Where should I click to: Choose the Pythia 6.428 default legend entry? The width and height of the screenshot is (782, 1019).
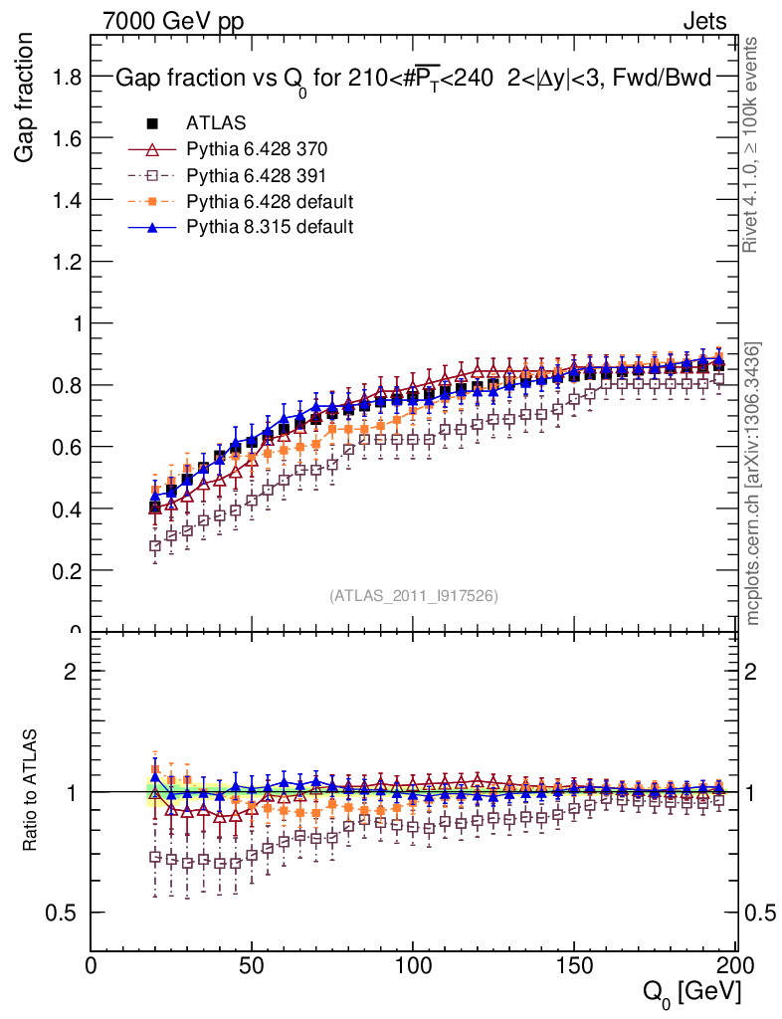[x=270, y=201]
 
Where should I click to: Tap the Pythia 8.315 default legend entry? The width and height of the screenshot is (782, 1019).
[x=270, y=227]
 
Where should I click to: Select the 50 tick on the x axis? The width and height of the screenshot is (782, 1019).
[x=253, y=964]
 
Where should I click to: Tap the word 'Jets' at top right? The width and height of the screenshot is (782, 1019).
[x=704, y=21]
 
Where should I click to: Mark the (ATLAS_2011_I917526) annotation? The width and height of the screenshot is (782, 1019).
[x=414, y=595]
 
